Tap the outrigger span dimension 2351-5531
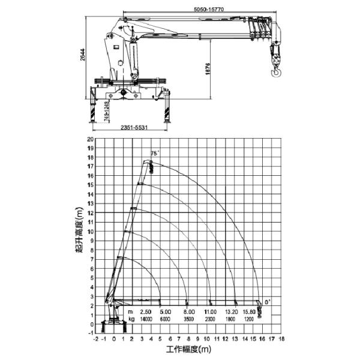click(133, 127)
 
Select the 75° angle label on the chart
click(155, 154)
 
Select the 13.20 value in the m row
click(232, 313)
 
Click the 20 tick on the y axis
click(91, 139)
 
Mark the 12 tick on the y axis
click(91, 212)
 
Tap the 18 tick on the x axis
click(281, 338)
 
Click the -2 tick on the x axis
click(96, 338)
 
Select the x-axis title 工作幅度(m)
click(188, 349)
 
